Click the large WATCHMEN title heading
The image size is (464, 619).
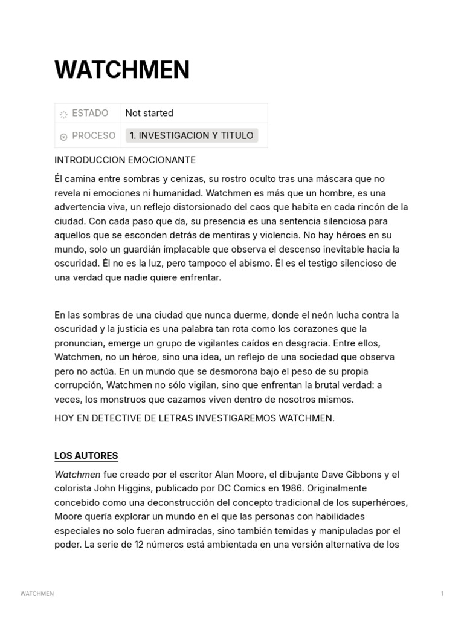[x=122, y=70]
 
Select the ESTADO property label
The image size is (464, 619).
[x=90, y=113]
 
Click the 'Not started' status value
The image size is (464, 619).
[x=149, y=113]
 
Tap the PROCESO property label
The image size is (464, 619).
[x=94, y=135]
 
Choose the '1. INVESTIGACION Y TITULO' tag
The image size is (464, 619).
[x=192, y=135]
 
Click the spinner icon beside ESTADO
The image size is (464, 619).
[x=63, y=114]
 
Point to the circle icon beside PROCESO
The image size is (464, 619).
[x=63, y=137]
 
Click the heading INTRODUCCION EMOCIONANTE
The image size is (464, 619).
[x=125, y=160]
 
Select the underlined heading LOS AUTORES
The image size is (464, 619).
[x=86, y=456]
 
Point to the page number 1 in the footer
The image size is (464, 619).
[x=442, y=594]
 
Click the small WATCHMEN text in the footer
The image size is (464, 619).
[x=37, y=594]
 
